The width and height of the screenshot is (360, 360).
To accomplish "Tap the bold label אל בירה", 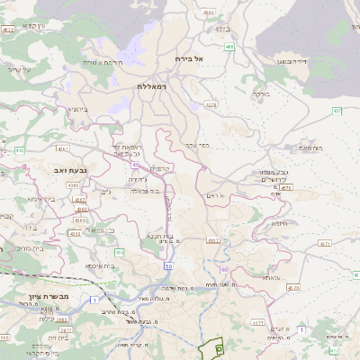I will tap(190, 58).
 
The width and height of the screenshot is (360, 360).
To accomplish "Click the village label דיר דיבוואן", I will tap(292, 63).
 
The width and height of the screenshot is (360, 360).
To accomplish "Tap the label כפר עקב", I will tap(197, 144).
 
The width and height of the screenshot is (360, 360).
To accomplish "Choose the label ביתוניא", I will tap(78, 109).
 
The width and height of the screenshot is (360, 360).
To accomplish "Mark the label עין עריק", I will tap(19, 69).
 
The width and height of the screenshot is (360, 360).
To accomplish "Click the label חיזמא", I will tap(278, 223).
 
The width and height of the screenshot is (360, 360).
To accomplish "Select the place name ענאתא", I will tap(272, 278).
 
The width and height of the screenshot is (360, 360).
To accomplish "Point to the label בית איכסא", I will tap(100, 266).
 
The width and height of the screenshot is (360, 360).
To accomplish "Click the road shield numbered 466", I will tap(230, 46).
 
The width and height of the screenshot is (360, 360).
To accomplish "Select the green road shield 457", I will tap(337, 111).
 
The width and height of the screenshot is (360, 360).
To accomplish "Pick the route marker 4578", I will tap(211, 105).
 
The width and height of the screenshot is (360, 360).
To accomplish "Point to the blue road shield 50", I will tap(168, 266).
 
